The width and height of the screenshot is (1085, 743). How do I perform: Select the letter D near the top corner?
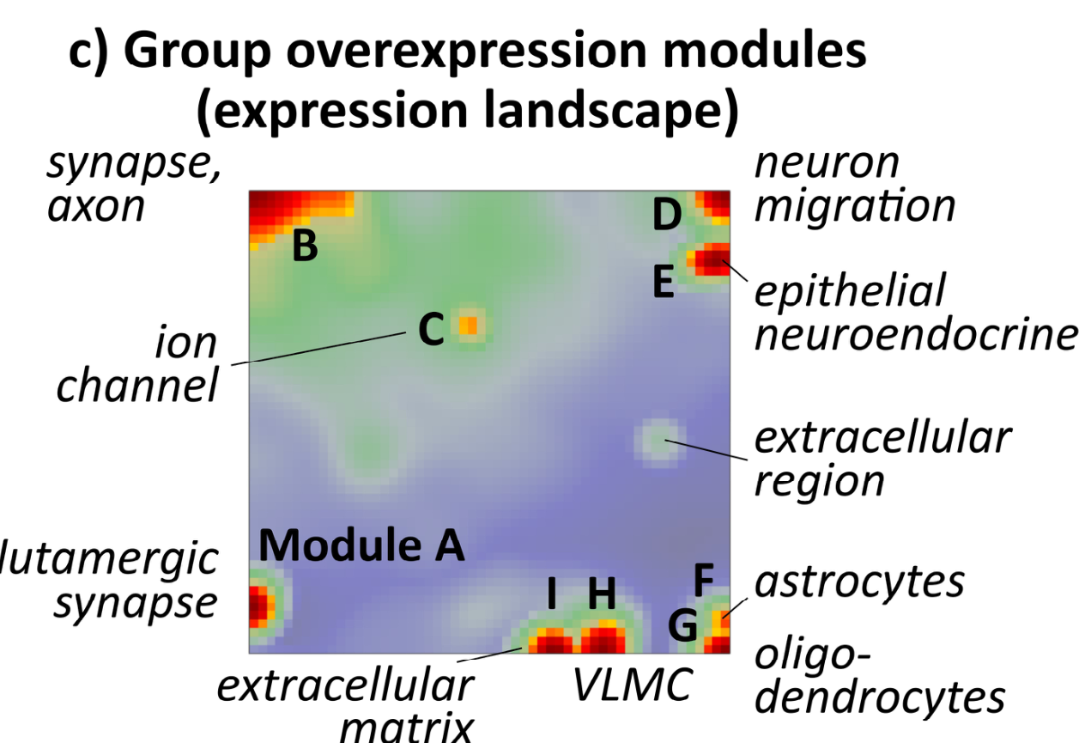coord(666,216)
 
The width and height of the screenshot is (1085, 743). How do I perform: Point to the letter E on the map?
coord(663,281)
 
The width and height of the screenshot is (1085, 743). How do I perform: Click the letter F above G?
coord(703,582)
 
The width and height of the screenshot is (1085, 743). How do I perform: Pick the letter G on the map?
coord(683,627)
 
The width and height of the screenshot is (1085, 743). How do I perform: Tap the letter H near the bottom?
coord(602,593)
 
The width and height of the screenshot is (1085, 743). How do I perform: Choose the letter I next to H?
coord(552,593)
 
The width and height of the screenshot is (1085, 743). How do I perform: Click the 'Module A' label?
coord(361,545)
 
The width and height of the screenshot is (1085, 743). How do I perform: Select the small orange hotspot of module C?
coord(469,326)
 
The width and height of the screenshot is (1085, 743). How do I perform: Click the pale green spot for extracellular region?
coord(657,442)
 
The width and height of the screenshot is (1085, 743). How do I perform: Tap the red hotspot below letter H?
coord(603,640)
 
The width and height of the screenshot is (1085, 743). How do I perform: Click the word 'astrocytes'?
coord(859,582)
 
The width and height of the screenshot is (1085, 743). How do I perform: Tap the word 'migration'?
coord(854,206)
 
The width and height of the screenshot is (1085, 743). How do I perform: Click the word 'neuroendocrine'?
coord(915,335)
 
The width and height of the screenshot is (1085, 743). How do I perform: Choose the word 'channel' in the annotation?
coord(136,387)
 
